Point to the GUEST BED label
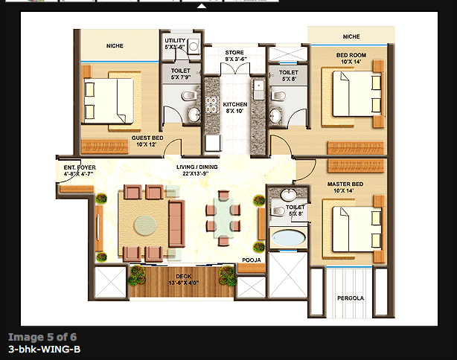click(147, 141)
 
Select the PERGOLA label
click(349, 298)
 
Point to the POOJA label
click(251, 260)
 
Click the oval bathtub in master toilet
click(289, 239)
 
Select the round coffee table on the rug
click(145, 225)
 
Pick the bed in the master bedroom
click(351, 228)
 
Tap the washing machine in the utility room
click(194, 46)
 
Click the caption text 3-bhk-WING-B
click(44, 348)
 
